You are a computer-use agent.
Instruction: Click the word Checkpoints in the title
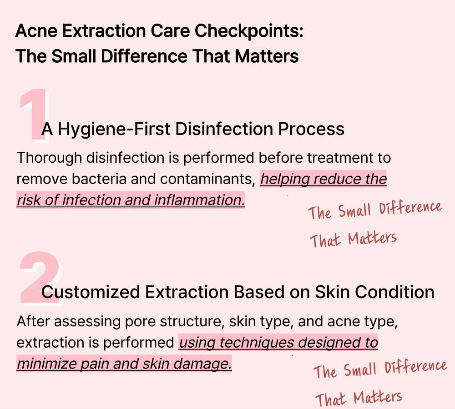click(x=249, y=31)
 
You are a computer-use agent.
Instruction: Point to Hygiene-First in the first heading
click(x=114, y=129)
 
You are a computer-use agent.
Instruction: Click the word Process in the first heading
click(x=311, y=129)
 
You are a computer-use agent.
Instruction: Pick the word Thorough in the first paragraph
click(x=49, y=158)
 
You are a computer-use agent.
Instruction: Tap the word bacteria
click(x=99, y=179)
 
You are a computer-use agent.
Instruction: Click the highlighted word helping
click(x=285, y=180)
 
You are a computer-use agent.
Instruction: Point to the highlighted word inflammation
click(x=200, y=200)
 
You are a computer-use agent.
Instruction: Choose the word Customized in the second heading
click(x=91, y=292)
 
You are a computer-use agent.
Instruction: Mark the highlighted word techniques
click(x=257, y=343)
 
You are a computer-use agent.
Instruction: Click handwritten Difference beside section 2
click(x=415, y=367)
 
